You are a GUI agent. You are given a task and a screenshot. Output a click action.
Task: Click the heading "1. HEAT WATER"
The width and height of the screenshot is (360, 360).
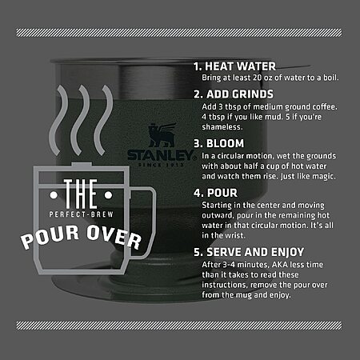click(x=235, y=66)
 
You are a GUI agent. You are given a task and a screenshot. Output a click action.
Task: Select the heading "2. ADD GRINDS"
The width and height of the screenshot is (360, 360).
click(x=234, y=94)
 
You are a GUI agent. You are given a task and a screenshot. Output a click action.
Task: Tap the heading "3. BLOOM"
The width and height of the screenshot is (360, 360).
click(x=219, y=143)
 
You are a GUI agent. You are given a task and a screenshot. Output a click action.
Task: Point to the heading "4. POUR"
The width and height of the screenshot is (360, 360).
click(x=215, y=193)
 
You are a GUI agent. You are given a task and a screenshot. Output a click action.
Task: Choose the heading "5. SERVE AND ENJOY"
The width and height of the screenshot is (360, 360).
click(x=249, y=252)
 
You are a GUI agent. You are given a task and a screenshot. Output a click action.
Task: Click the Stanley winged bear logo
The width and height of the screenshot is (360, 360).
click(x=162, y=135)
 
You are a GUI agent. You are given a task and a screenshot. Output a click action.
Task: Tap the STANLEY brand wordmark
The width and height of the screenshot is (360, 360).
click(x=161, y=155)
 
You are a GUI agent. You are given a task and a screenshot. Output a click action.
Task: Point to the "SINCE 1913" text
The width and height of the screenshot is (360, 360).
click(x=161, y=165)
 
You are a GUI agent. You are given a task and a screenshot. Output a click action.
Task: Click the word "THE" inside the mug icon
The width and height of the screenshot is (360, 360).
click(x=81, y=194)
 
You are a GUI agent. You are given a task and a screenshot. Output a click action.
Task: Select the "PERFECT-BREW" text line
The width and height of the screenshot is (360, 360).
click(x=82, y=214)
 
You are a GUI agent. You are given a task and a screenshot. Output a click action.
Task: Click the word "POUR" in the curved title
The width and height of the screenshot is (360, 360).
click(x=50, y=237)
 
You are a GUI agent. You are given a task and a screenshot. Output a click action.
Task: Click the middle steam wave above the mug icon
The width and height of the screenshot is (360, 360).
click(x=79, y=120)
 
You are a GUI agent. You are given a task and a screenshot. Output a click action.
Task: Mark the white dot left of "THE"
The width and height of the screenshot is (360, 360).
click(x=54, y=195)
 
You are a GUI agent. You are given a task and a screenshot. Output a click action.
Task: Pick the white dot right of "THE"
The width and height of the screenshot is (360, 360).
click(x=108, y=195)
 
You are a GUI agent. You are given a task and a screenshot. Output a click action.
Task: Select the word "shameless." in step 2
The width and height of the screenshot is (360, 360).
click(x=222, y=127)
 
